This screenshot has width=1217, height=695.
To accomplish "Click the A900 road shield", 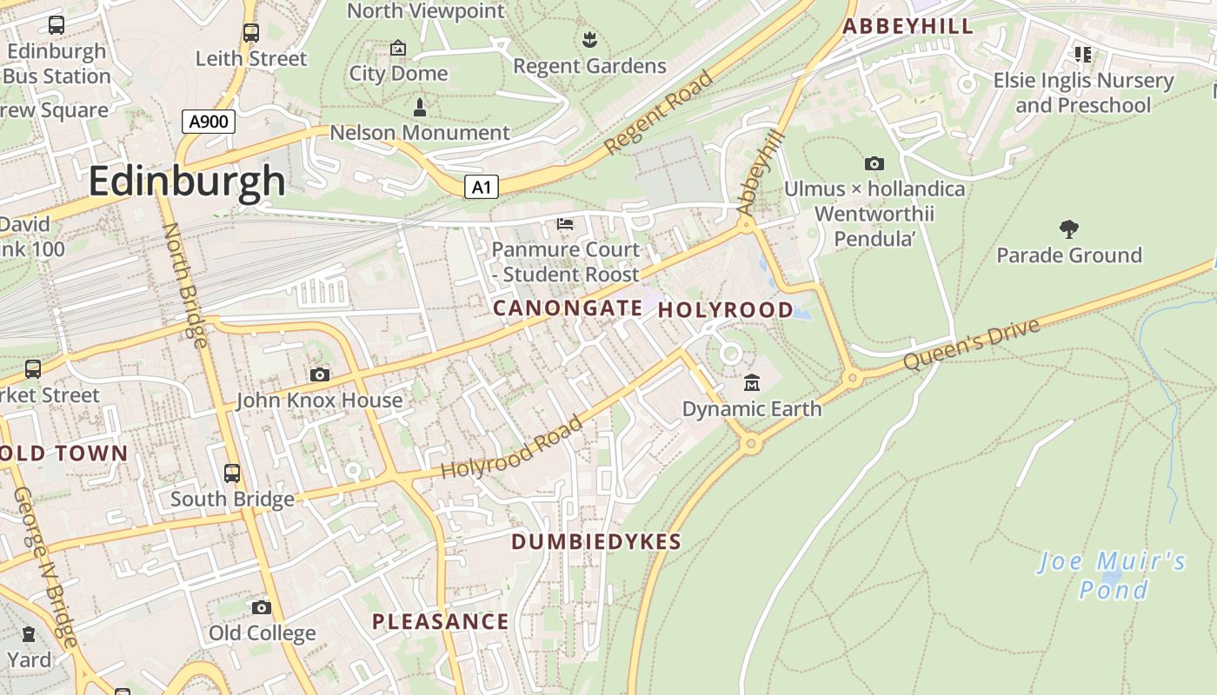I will point(209,122).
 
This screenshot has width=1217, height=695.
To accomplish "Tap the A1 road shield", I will point(481,187).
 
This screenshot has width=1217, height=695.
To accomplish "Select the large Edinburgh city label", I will point(187,182).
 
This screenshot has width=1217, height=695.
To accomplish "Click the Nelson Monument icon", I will point(420,108).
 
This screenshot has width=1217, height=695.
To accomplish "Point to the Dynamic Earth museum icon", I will point(752,382).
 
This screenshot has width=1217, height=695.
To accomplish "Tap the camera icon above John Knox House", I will point(320,374).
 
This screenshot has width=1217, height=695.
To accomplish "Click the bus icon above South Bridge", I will point(232,473).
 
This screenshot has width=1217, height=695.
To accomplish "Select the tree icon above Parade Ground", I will point(1069,229).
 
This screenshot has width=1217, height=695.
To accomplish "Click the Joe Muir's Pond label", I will point(1113,575).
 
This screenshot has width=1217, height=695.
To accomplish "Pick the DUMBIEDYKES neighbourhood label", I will point(596,542).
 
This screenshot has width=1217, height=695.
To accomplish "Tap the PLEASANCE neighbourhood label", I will point(441,621).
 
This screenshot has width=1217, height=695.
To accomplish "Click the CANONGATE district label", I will point(568,308).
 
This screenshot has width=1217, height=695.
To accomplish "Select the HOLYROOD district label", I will point(726,309).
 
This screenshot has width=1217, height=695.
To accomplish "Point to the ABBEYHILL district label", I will point(908,26).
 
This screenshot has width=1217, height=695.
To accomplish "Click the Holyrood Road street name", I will point(512,448).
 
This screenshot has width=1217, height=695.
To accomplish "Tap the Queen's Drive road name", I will point(971,345).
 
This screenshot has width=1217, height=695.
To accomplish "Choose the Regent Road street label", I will point(659,113).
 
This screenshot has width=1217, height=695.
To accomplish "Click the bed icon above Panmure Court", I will point(565,224).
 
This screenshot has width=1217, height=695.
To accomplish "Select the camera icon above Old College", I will point(262,607).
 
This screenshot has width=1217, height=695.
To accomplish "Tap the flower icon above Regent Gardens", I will point(589,39).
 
